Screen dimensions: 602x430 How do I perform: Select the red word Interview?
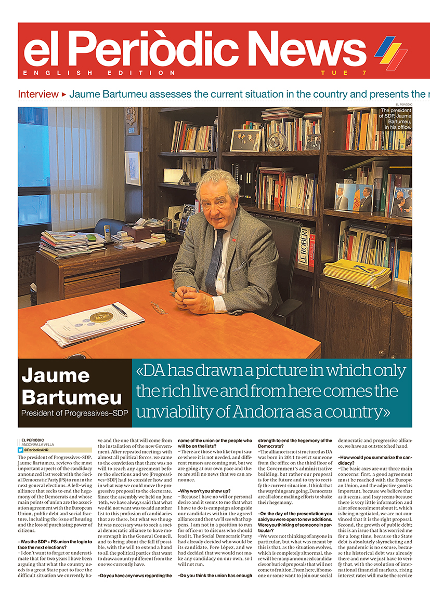coord(38,95)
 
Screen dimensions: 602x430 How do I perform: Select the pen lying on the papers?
coord(119,310)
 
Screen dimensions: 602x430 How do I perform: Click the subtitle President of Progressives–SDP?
coord(72,414)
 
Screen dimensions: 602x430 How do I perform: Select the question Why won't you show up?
coord(204,491)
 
